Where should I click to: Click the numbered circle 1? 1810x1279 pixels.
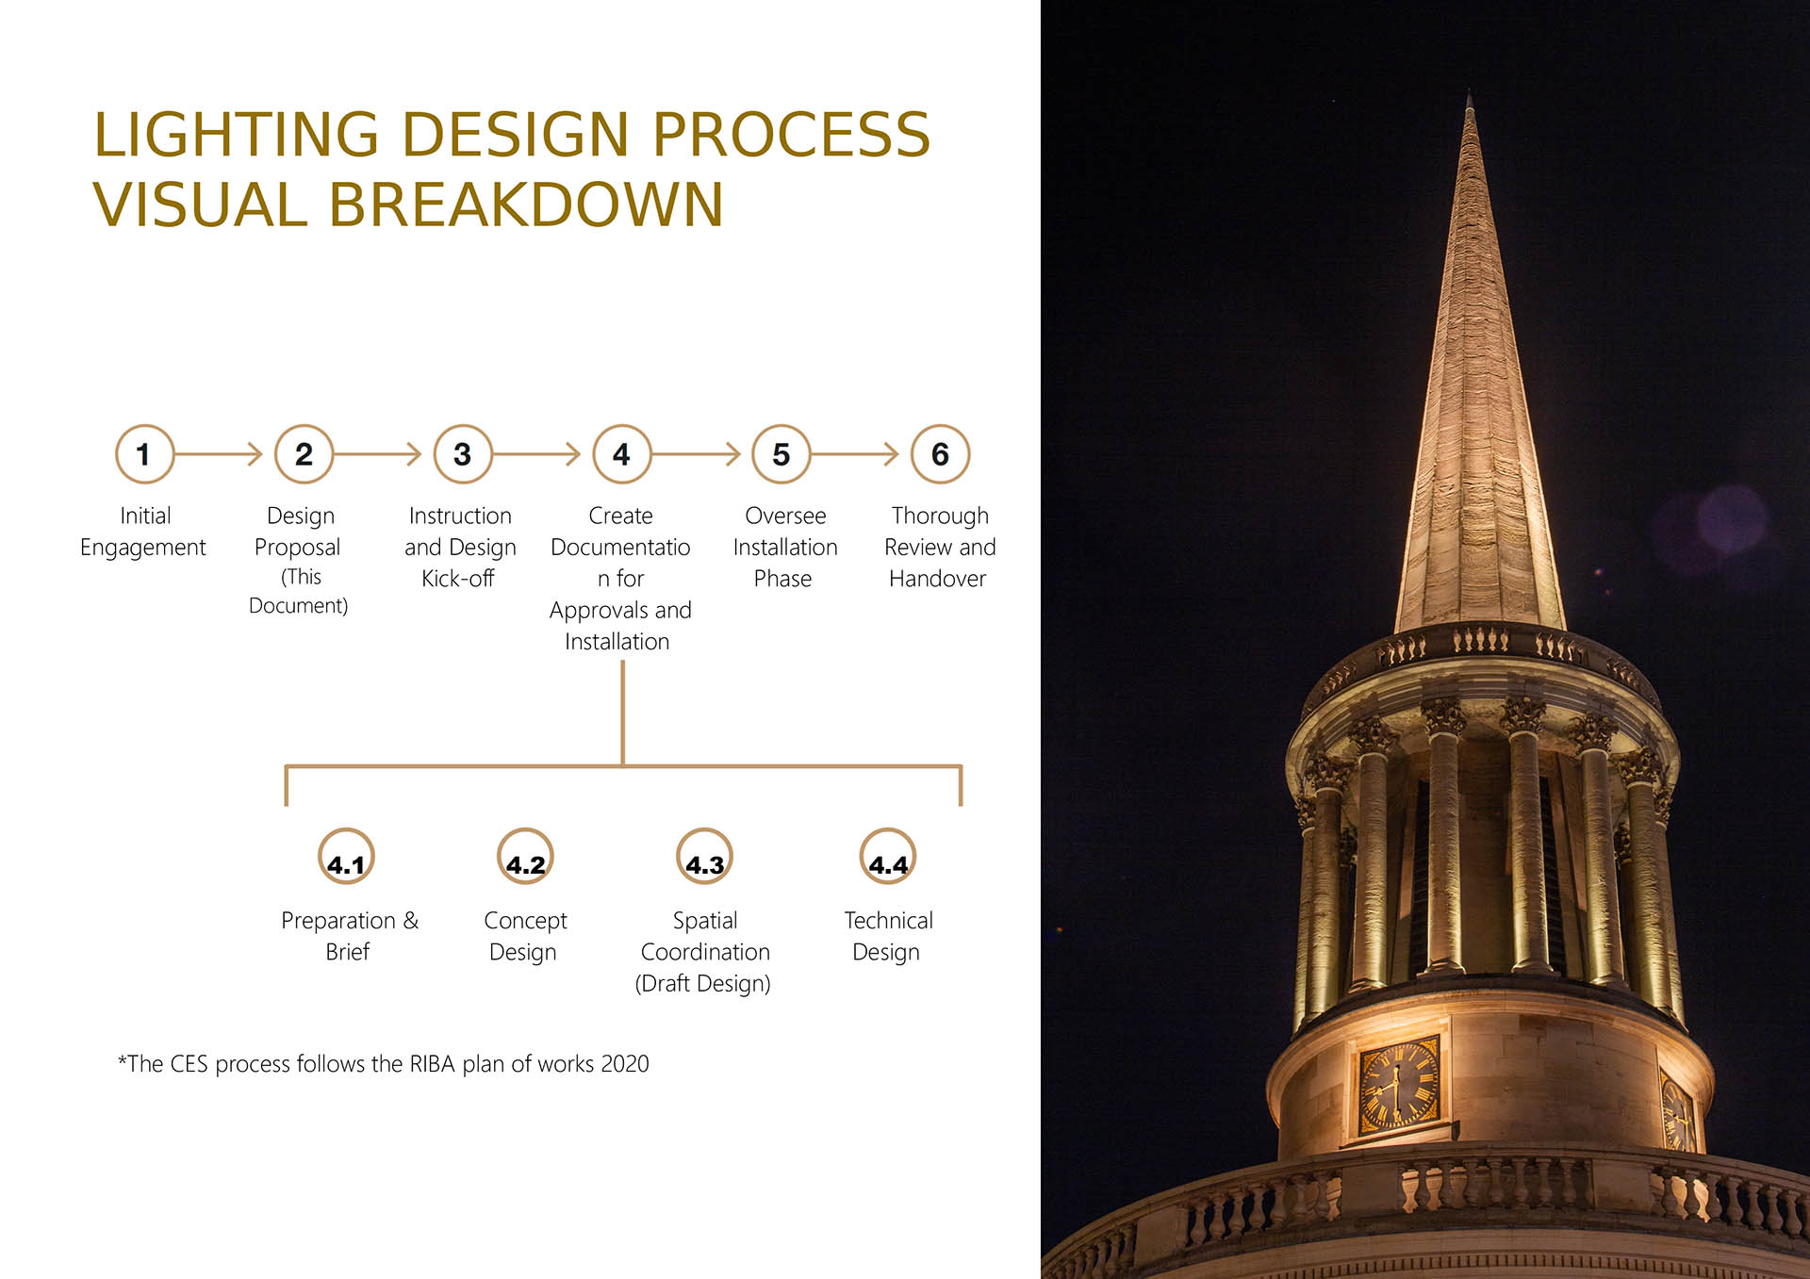click(x=144, y=454)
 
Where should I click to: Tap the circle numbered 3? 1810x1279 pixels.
click(x=463, y=454)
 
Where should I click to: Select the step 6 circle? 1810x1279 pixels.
click(x=940, y=454)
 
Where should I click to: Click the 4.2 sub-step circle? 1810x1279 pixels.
click(x=525, y=856)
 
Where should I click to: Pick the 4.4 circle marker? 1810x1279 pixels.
click(x=888, y=856)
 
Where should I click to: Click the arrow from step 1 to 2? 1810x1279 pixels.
click(x=219, y=454)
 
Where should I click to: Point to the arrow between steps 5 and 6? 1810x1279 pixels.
click(x=855, y=454)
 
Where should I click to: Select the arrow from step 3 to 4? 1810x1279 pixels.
click(x=536, y=454)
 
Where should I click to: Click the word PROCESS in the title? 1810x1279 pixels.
click(x=791, y=135)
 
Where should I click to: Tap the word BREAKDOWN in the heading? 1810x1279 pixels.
click(x=525, y=205)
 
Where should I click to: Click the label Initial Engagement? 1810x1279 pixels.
click(x=143, y=532)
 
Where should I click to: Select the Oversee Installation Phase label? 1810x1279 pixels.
click(x=784, y=547)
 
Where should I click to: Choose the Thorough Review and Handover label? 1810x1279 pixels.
click(x=940, y=547)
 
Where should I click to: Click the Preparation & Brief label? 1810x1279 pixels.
click(x=349, y=936)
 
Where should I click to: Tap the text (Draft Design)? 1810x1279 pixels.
click(x=703, y=984)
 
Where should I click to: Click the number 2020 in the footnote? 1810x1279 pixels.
click(x=625, y=1064)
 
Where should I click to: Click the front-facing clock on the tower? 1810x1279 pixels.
click(x=1399, y=1085)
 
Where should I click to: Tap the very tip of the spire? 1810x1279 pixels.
click(x=1469, y=91)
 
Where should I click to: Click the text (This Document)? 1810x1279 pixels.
click(x=299, y=591)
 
